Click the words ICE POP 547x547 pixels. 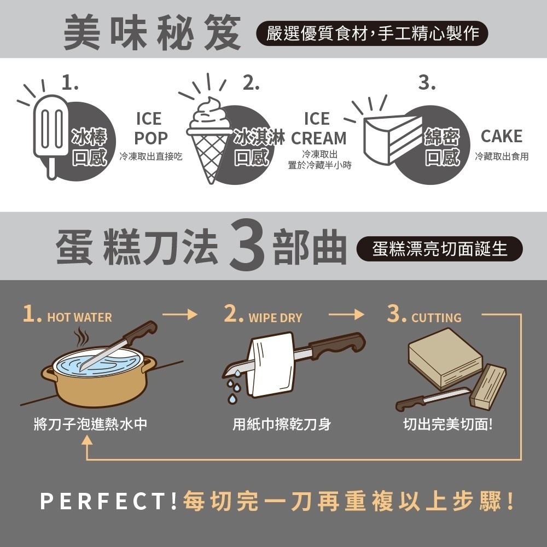150,129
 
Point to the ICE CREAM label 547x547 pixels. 318,129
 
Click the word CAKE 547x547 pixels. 501,136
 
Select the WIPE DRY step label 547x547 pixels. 275,317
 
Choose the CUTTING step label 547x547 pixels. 436,317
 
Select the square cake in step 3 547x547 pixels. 444,358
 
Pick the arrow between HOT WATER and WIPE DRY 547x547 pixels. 179,315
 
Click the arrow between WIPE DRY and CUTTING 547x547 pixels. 347,315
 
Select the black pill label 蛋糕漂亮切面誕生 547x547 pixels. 439,249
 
